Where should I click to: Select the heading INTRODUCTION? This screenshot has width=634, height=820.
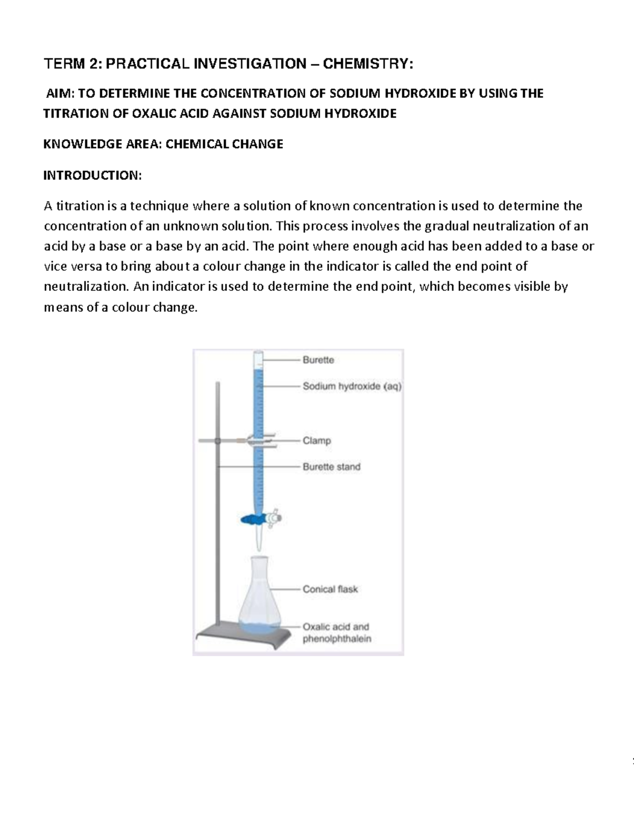pyautogui.click(x=92, y=175)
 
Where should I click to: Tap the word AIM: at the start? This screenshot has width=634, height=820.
pyautogui.click(x=61, y=93)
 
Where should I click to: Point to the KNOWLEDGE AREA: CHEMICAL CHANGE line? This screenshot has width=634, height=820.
pyautogui.click(x=163, y=144)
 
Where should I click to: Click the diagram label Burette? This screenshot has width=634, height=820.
pyautogui.click(x=318, y=360)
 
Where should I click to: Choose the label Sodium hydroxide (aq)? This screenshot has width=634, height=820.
pyautogui.click(x=352, y=387)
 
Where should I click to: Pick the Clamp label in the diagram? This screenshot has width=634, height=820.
pyautogui.click(x=316, y=440)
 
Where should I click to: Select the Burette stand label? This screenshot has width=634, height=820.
pyautogui.click(x=331, y=467)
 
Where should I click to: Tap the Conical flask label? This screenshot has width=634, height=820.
pyautogui.click(x=330, y=589)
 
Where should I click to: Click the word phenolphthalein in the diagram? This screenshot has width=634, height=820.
pyautogui.click(x=337, y=639)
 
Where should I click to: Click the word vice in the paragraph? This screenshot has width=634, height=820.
pyautogui.click(x=54, y=267)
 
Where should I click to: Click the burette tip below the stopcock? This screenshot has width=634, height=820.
pyautogui.click(x=258, y=541)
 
